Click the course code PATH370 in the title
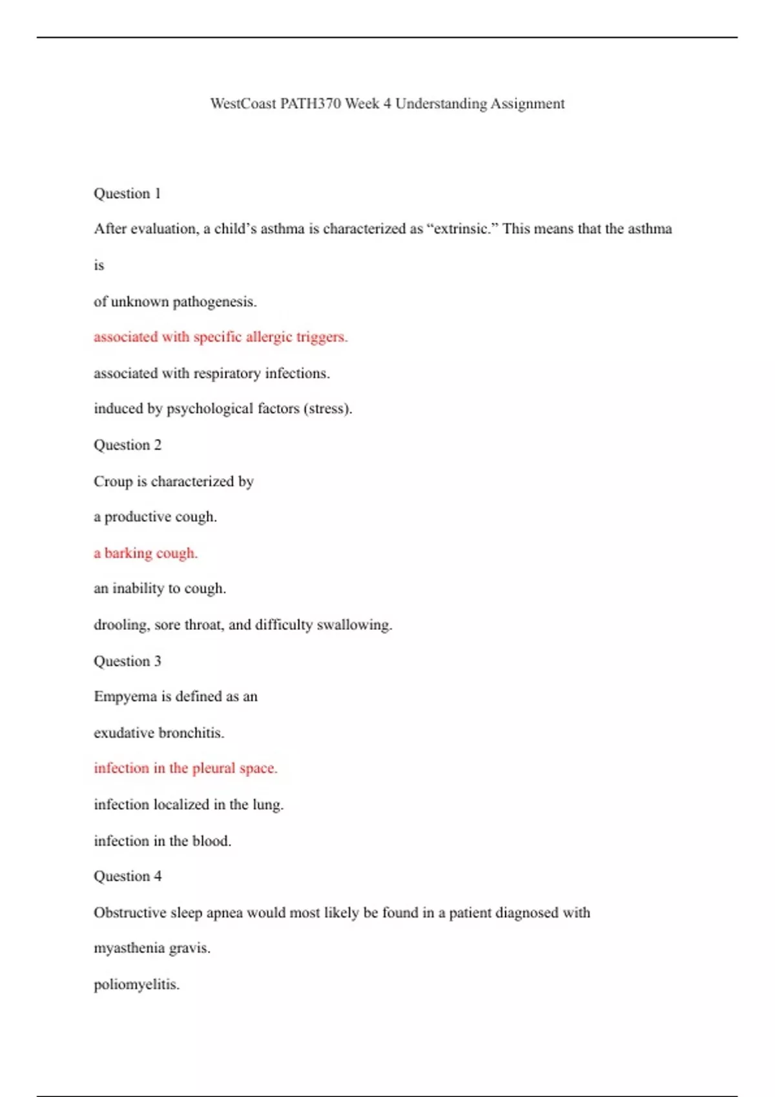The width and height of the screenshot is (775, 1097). pos(310,104)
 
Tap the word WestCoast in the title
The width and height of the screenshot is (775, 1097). pos(243,104)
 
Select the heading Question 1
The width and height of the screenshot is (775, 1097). pos(127,194)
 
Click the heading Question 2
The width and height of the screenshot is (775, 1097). pos(127,445)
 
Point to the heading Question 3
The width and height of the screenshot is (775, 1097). pos(127,661)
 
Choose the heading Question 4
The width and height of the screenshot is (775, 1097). pos(127,876)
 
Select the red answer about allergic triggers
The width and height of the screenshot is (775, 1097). pos(220,337)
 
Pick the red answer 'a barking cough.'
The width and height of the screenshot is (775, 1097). pos(145,553)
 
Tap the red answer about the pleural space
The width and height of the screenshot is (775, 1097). pos(185,769)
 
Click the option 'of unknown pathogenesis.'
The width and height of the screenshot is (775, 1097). pos(175,302)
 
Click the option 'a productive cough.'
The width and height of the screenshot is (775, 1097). pos(155,517)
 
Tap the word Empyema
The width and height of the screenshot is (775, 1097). pos(125,697)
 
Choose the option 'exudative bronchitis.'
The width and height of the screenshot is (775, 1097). pos(159,733)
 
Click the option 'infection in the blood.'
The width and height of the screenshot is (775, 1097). pos(162,841)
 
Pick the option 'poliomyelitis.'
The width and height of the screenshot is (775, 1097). pos(136,985)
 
